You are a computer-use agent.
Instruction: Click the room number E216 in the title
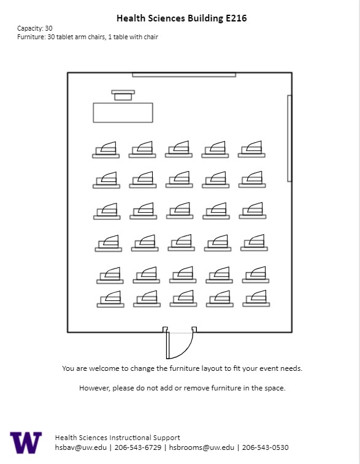click(236, 18)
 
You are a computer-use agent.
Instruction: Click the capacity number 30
click(48, 28)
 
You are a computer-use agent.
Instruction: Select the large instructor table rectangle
click(123, 112)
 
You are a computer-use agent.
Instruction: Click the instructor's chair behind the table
click(123, 95)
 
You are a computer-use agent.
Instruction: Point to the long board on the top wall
click(184, 75)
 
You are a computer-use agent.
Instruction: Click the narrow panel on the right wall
click(289, 138)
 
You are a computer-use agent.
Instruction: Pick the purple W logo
click(26, 443)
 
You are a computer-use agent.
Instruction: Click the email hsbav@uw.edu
click(80, 447)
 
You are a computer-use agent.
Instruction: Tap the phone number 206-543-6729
click(137, 447)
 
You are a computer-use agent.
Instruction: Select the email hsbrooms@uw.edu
click(201, 447)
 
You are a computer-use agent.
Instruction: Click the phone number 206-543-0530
click(266, 447)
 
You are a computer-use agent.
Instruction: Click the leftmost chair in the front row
click(105, 150)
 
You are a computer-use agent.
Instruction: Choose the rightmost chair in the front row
click(251, 149)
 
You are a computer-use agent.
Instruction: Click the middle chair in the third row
click(180, 210)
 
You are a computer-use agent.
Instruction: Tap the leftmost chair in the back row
click(110, 299)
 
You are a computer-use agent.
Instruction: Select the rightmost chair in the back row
click(256, 299)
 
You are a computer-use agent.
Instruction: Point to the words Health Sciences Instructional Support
click(118, 438)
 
